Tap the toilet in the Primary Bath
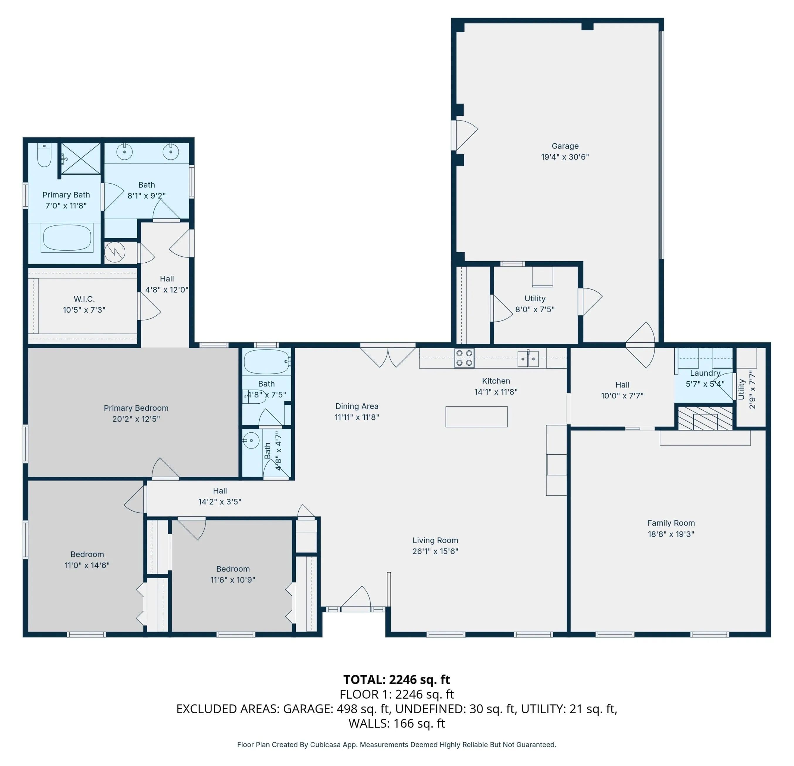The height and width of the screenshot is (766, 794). tap(44, 155)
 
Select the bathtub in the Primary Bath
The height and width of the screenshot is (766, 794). tap(67, 238)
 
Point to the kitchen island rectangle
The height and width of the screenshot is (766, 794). tap(476, 417)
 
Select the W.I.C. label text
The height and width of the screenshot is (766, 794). tap(84, 299)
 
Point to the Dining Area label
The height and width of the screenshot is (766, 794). tap(357, 406)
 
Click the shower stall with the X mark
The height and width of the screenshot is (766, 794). tap(81, 158)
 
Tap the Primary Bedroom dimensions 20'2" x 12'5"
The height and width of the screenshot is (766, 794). tap(136, 419)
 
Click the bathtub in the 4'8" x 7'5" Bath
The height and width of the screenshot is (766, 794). tap(267, 361)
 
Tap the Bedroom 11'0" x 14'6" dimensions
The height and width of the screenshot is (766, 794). tap(87, 565)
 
